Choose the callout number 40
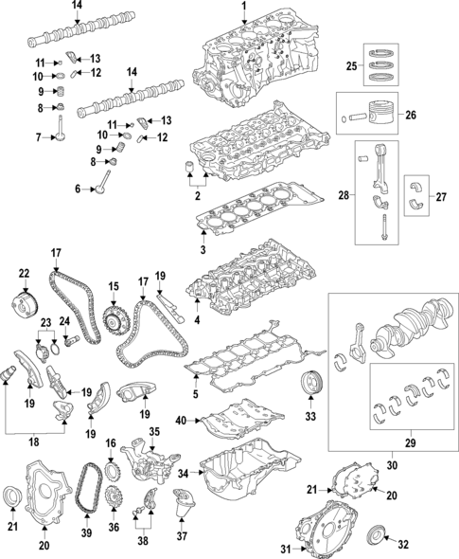tap(181, 420)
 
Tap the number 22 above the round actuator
tap(25, 274)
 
